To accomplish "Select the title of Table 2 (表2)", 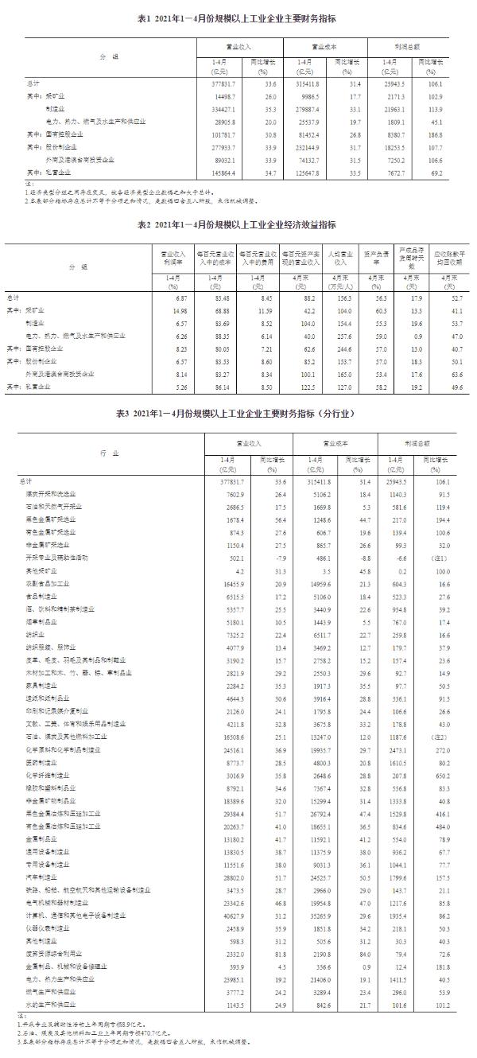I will tap(238, 224).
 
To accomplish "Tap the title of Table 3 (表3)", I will tap(238, 414).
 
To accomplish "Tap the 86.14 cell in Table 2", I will tap(213, 387).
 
